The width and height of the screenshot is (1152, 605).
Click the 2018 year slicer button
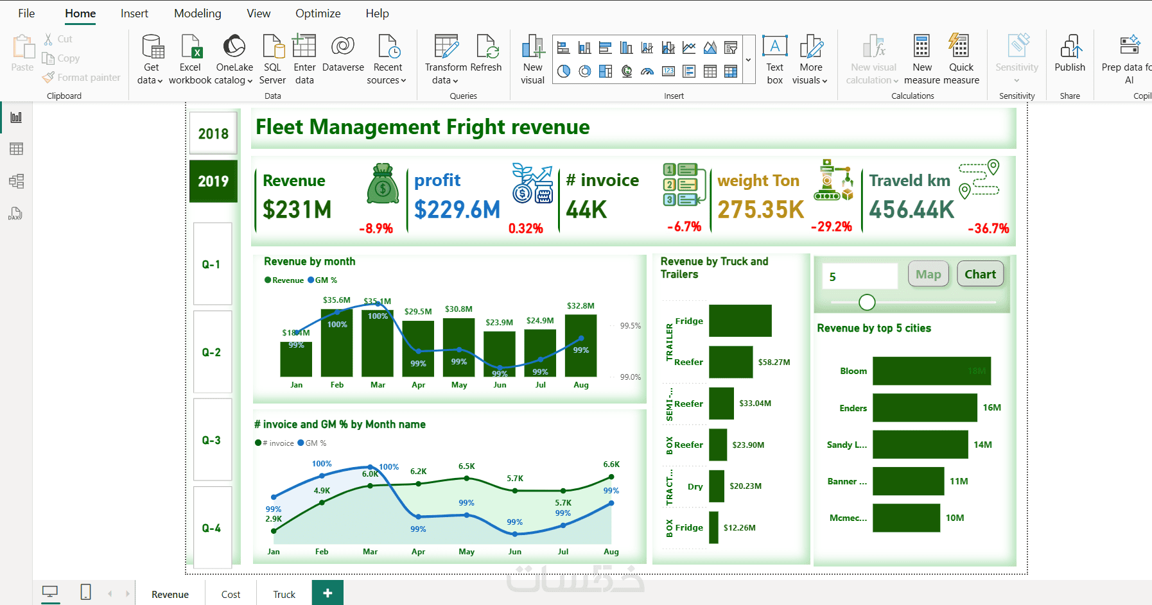213,133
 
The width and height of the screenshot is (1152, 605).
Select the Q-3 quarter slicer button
212,440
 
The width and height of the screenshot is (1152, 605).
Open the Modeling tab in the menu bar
197,13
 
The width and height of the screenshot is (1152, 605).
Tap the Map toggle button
928,275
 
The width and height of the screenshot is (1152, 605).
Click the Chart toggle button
980,275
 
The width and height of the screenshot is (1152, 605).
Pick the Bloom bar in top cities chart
931,371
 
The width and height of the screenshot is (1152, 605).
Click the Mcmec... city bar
906,518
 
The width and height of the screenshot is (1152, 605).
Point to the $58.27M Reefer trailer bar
731,362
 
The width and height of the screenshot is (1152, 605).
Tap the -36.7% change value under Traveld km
988,228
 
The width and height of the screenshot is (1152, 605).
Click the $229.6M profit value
457,209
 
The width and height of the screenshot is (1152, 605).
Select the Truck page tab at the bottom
284,594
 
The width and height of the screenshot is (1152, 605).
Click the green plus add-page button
327,593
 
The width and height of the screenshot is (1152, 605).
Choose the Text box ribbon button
775,59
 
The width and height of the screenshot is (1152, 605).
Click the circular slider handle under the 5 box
867,302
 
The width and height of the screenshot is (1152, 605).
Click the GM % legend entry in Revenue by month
322,280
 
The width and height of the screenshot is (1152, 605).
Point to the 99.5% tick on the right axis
630,326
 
